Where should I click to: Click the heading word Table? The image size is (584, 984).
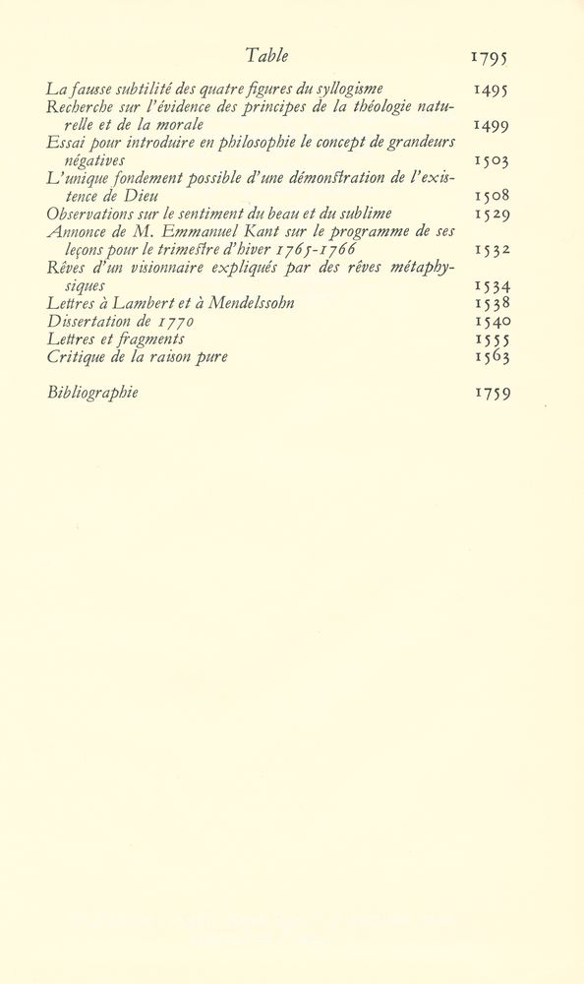(x=267, y=56)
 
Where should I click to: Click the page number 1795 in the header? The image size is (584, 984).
(x=490, y=58)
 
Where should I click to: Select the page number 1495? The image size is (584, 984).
(x=490, y=90)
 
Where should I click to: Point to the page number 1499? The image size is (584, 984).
(x=490, y=125)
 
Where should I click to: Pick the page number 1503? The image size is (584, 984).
(x=490, y=160)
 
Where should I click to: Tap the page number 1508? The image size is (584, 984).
(x=490, y=196)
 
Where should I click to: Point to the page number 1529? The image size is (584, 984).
(x=490, y=214)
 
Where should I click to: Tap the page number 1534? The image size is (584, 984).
(x=490, y=285)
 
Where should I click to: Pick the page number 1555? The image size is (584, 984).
(x=490, y=338)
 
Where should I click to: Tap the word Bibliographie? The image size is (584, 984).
(x=92, y=393)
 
